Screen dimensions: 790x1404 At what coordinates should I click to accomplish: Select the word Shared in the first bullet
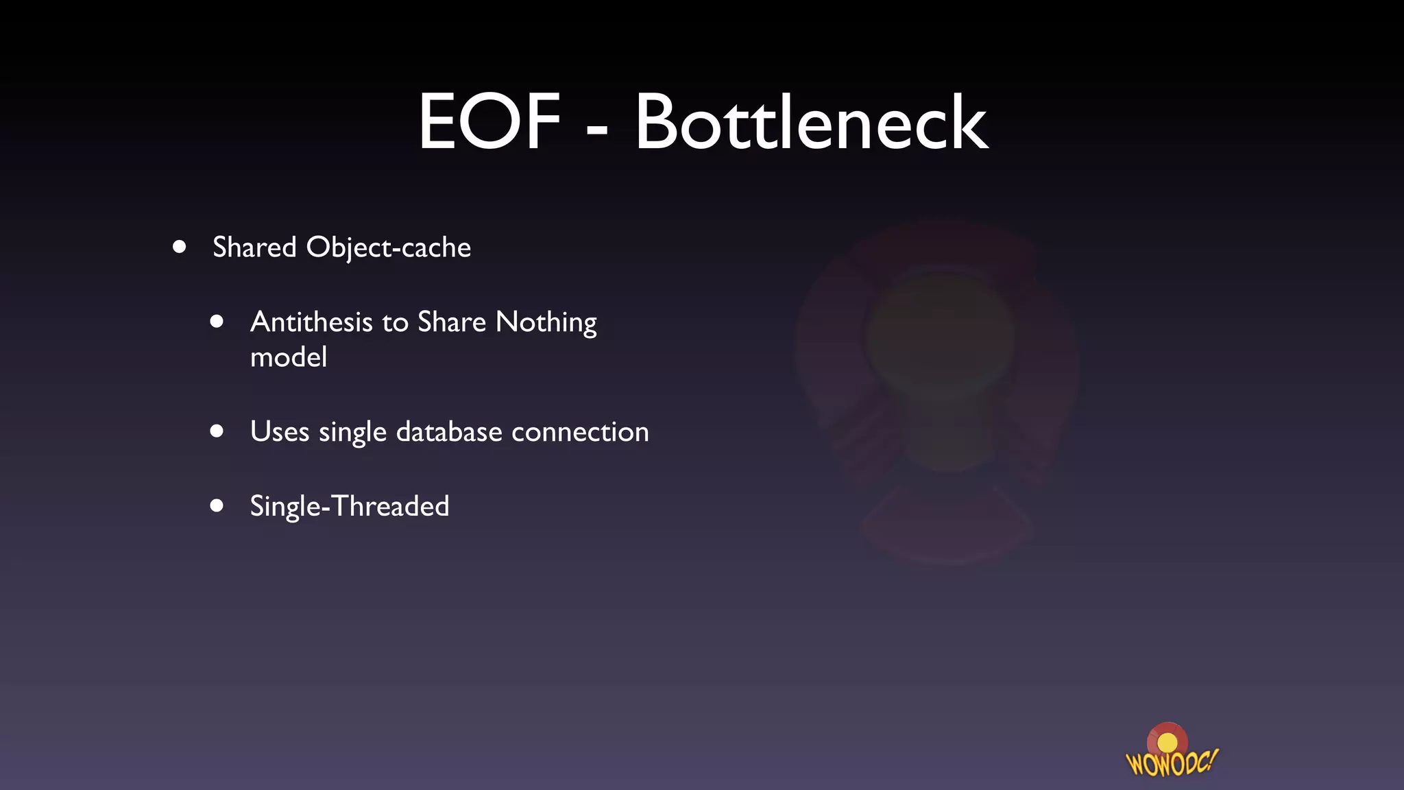click(254, 248)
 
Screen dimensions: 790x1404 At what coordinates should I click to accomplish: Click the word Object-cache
click(388, 248)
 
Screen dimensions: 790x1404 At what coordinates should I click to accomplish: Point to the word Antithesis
click(311, 322)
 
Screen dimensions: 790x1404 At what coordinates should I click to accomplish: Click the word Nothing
click(546, 322)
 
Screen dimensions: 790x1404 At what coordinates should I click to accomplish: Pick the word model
click(289, 357)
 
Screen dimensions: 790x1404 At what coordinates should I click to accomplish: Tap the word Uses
click(280, 432)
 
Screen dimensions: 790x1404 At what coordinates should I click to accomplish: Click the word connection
click(580, 432)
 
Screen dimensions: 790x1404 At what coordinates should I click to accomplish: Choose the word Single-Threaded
click(350, 507)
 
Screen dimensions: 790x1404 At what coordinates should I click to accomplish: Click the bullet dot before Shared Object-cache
click(180, 247)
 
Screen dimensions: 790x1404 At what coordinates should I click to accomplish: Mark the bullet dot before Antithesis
click(217, 321)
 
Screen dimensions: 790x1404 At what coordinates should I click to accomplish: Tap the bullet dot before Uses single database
click(217, 431)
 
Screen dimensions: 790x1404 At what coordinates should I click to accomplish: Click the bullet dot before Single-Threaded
click(217, 505)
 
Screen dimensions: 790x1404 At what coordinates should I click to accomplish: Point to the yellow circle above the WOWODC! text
click(1167, 743)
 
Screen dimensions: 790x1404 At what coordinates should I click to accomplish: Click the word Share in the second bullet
click(452, 322)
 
